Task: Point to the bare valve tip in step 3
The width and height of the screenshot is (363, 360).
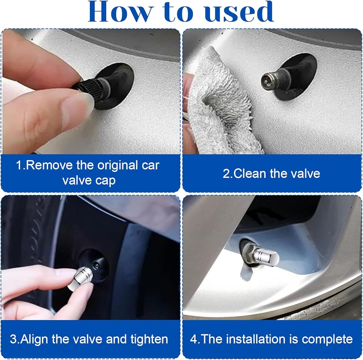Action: (x=96, y=264)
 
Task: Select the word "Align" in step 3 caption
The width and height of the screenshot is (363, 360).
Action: (x=34, y=339)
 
